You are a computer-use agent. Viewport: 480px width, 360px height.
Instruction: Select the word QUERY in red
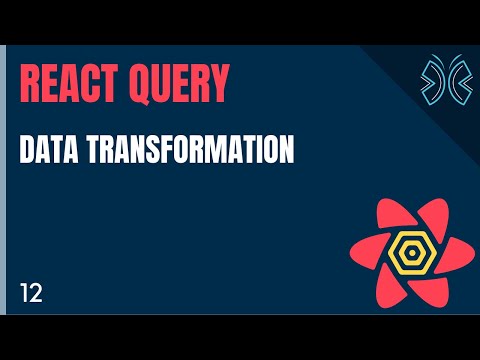click(177, 84)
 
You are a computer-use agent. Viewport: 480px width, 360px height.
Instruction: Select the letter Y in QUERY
click(218, 84)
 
